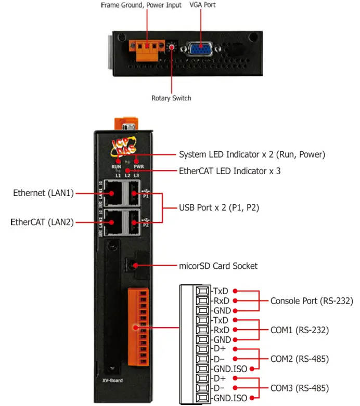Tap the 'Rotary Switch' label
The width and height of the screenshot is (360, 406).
point(171,98)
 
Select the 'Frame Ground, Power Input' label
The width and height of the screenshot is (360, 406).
point(141,5)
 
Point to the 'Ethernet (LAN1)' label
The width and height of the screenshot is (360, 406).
point(43,193)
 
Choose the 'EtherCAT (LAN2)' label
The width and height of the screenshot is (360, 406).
point(42,222)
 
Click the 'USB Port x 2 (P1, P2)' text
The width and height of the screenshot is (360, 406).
point(219,207)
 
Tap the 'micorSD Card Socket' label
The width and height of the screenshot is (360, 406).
point(218,266)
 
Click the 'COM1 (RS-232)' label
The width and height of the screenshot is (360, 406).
point(299,330)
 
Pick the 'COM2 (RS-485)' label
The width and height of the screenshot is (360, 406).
point(299,359)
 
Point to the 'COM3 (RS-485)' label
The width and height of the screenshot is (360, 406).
point(299,388)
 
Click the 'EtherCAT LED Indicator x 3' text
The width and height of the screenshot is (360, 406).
point(229,170)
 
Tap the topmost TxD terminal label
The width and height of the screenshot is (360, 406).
point(221,291)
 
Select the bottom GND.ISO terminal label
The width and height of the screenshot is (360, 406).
point(229,398)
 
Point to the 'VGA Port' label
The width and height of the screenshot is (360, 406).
point(202,5)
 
